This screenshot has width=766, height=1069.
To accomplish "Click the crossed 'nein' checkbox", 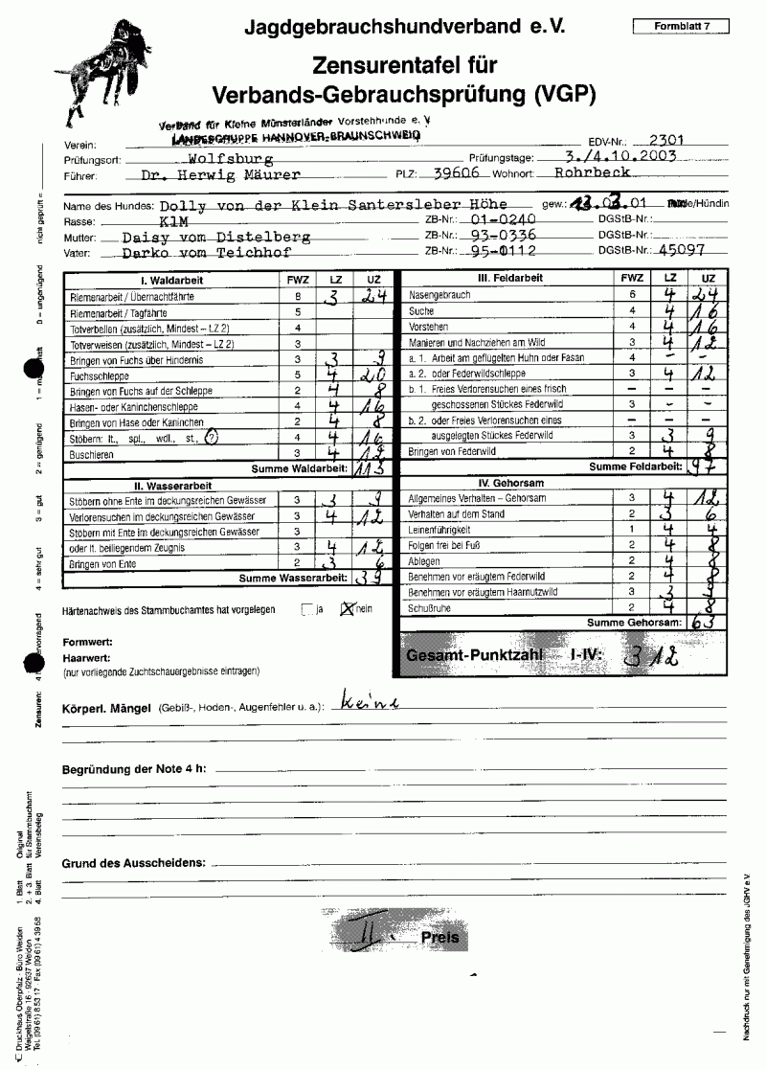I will pos(349,608).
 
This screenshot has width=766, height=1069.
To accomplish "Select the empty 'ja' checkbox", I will pos(306,608).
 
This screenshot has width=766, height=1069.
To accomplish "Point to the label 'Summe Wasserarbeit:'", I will pos(292,579).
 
